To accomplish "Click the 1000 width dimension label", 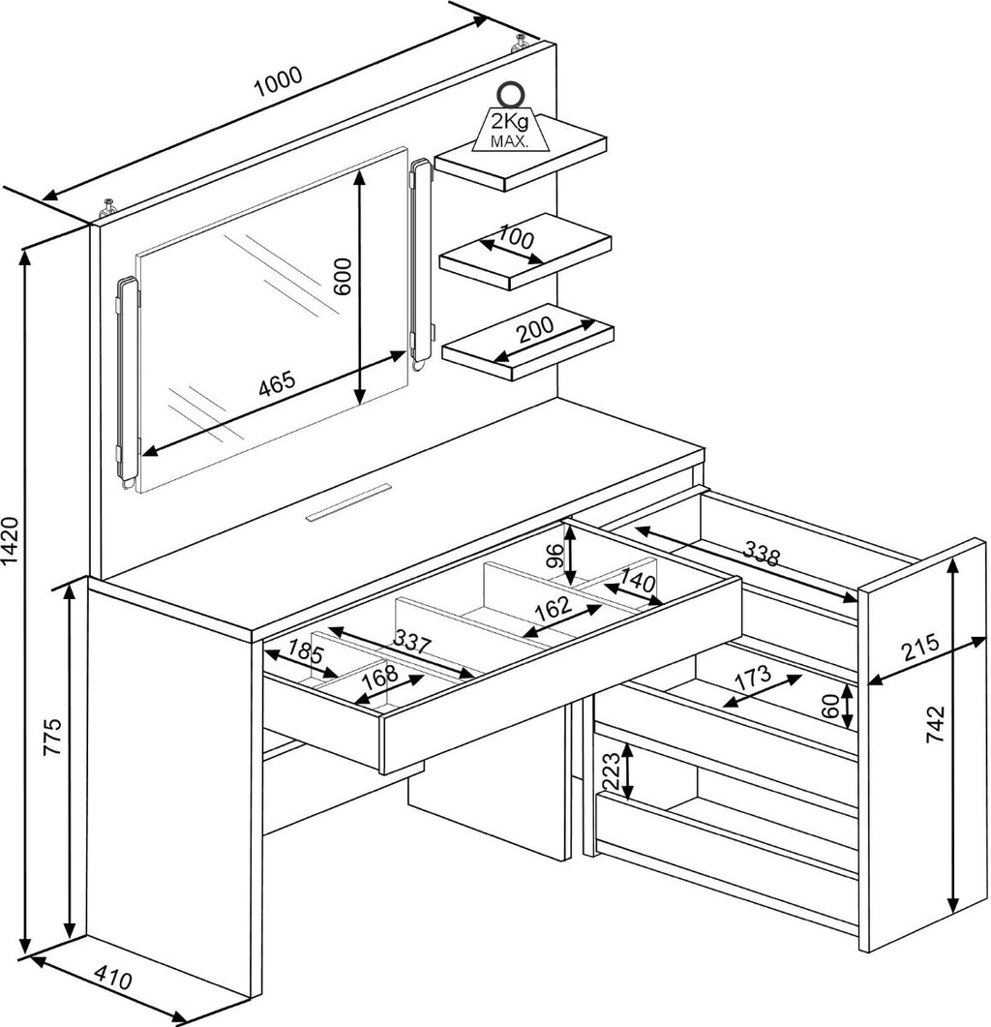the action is pyautogui.click(x=279, y=81).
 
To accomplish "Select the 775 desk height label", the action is pyautogui.click(x=52, y=737).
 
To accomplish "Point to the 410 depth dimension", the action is pyautogui.click(x=113, y=980).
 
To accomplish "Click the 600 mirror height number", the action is pyautogui.click(x=343, y=276).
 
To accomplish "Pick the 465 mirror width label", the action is pyautogui.click(x=277, y=384).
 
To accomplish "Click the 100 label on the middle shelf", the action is pyautogui.click(x=517, y=236).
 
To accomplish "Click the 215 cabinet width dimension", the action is pyautogui.click(x=920, y=648).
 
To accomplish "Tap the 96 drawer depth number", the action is pyautogui.click(x=555, y=556).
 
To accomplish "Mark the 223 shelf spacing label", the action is pyautogui.click(x=610, y=770).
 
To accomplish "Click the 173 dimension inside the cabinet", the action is pyautogui.click(x=753, y=679).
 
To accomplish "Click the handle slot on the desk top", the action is pyautogui.click(x=348, y=501).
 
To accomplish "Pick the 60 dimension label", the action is pyautogui.click(x=830, y=706).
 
